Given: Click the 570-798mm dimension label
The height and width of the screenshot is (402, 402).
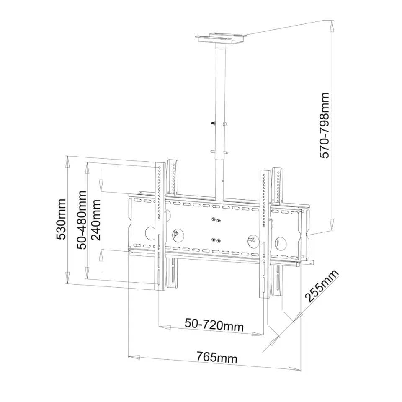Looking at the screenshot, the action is [x=324, y=125].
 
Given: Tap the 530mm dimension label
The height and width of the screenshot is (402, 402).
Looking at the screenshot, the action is [x=61, y=219].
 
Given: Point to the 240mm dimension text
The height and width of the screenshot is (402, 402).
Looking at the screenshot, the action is [x=96, y=220].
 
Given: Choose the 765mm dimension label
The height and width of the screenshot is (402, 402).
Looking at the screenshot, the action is [x=217, y=357].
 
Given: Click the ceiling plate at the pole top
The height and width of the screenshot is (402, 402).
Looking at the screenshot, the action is [x=221, y=39].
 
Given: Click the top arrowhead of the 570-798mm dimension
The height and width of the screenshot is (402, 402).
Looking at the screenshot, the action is [x=332, y=26].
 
